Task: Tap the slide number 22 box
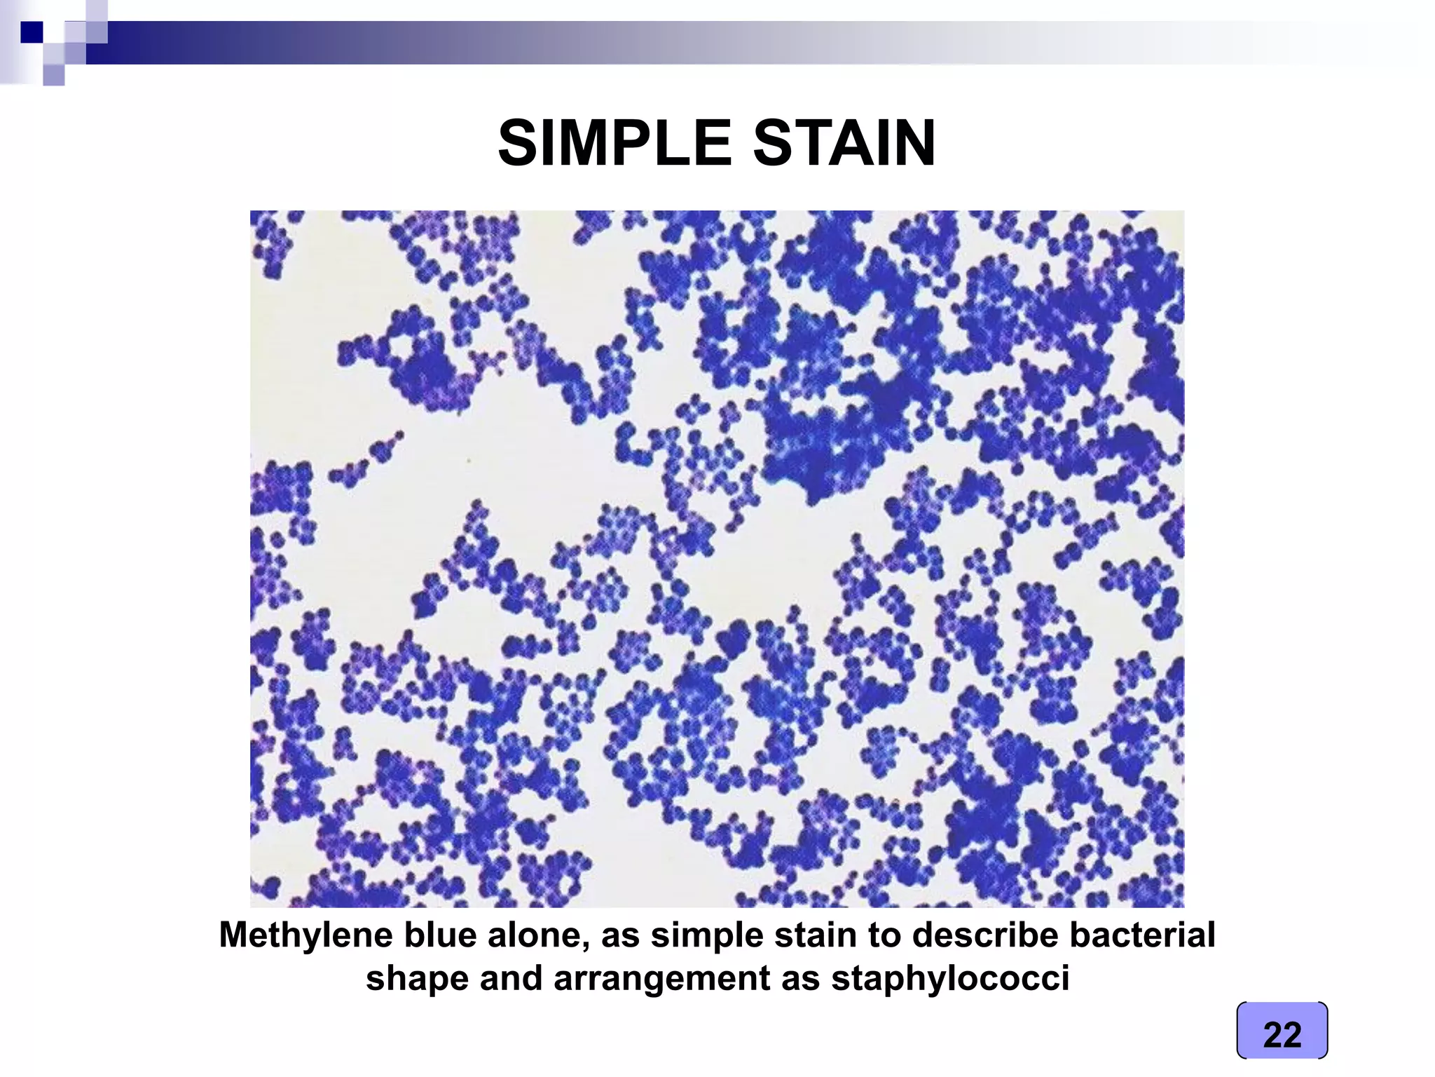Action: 1282,1034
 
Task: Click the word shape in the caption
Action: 414,979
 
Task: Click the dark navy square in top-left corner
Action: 32,32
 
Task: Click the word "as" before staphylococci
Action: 799,979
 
